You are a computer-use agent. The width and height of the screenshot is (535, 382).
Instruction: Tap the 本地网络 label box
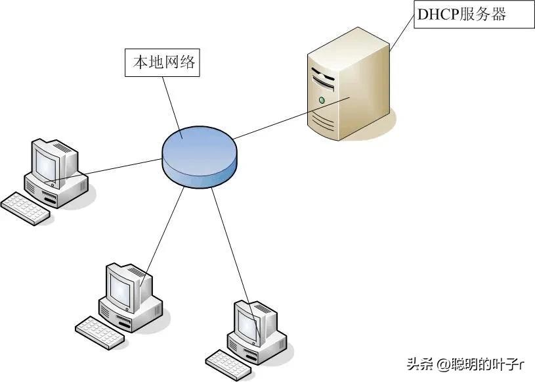[x=161, y=64]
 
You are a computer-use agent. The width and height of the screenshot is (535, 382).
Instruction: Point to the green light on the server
[x=322, y=101]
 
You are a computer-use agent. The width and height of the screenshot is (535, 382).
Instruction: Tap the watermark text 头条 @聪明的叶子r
[x=466, y=364]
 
